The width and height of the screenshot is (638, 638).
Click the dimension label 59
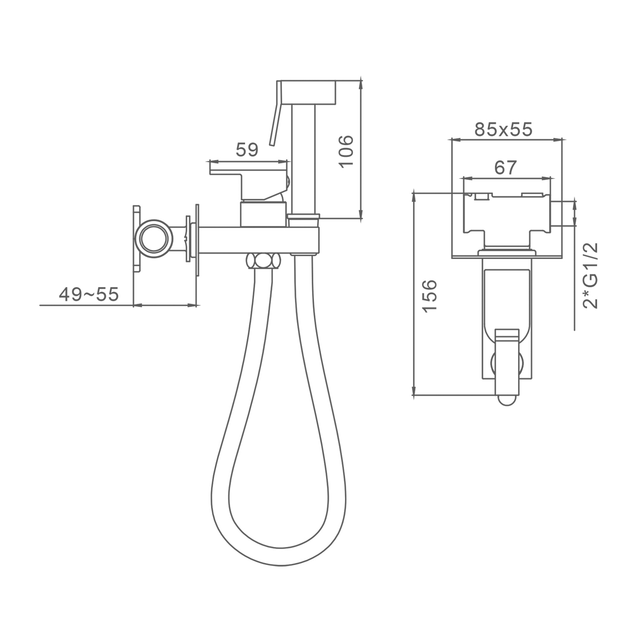[x=247, y=150]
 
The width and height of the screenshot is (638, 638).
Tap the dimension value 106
[x=347, y=151]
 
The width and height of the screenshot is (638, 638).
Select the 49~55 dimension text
[x=88, y=294]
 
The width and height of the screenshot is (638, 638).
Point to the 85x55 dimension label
[x=504, y=129]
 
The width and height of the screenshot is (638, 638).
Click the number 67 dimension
[x=505, y=168]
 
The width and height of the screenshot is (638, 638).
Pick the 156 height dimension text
[x=430, y=296]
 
